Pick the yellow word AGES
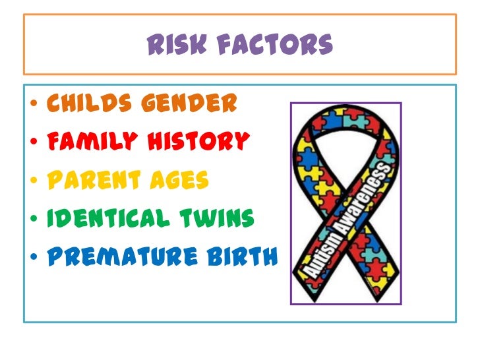pos(179,179)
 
